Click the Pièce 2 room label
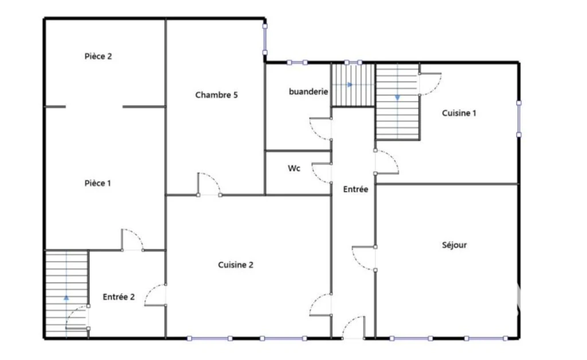98,57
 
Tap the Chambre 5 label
216,95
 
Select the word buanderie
308,92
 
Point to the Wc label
294,169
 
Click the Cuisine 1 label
459,113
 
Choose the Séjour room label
454,245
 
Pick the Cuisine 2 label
236,265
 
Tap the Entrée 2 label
119,297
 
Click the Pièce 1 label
97,183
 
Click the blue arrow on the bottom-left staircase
66,298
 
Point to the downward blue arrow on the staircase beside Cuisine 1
397,97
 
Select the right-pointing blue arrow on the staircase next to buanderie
350,85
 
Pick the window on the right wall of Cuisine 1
519,119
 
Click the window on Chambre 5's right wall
265,40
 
